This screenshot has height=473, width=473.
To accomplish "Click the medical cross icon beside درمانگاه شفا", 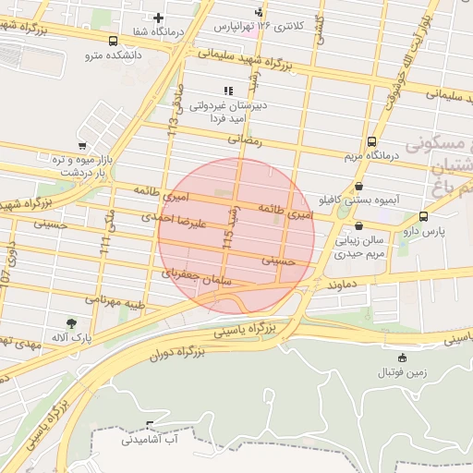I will pos(158,18).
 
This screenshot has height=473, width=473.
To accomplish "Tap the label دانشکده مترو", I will pos(112,55).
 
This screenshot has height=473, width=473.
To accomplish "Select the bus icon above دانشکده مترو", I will pos(113,41).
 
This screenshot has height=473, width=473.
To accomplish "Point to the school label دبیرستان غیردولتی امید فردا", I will pos(227,112).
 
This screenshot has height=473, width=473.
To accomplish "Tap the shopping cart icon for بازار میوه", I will pos(82,146).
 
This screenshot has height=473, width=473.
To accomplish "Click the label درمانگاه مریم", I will pos(370,156).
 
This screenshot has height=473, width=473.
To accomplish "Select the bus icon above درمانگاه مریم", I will pos(371,141).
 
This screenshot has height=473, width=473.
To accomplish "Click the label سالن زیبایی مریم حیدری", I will pos(357,246).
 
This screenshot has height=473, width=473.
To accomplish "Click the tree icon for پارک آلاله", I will pos(72,322).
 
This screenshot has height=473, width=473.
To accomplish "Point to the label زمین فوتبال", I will pos(400,372).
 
